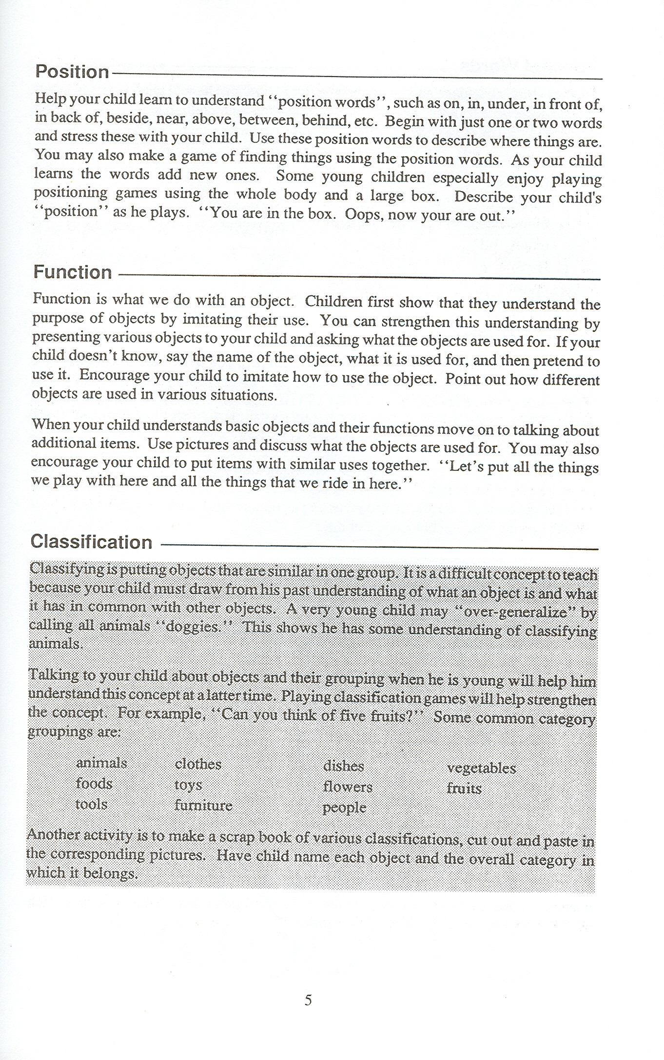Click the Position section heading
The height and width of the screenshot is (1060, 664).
[x=72, y=72]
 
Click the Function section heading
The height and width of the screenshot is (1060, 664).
[x=73, y=272]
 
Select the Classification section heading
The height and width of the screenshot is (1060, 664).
[x=91, y=542]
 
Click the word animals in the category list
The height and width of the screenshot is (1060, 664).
[x=101, y=763]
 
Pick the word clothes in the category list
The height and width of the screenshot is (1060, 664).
[x=198, y=764]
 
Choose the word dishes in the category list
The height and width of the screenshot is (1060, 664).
[x=344, y=766]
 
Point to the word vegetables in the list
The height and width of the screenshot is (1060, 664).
[x=481, y=769]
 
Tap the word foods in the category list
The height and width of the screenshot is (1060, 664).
[x=94, y=783]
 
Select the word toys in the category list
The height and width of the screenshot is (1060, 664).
[x=188, y=785]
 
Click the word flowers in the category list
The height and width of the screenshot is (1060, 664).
[x=348, y=787]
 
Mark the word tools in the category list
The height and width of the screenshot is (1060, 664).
[x=91, y=804]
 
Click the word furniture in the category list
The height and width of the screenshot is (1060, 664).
[x=203, y=805]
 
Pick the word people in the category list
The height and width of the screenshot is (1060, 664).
[x=344, y=808]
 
